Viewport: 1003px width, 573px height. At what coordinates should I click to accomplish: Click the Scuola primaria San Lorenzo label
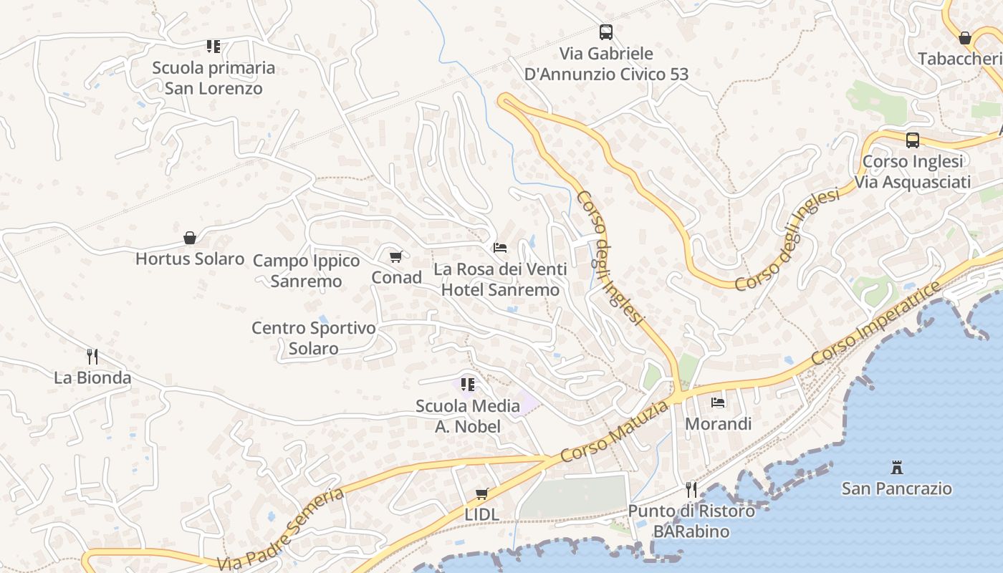coord(213,78)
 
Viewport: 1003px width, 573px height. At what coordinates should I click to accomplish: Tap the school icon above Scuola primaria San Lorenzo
coord(213,47)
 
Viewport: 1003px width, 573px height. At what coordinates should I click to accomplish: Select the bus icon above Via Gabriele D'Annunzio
coord(606,32)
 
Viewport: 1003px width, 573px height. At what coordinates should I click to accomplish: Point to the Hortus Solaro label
coord(190,259)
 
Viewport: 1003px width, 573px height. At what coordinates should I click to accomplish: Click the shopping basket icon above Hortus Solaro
coord(190,237)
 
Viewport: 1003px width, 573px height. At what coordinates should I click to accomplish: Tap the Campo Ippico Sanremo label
coord(307,271)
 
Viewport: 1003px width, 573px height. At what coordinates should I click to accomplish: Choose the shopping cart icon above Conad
coord(396,256)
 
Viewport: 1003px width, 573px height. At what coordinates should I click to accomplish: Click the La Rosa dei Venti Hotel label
coord(500,279)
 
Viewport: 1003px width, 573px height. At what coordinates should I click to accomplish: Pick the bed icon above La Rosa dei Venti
coord(500,248)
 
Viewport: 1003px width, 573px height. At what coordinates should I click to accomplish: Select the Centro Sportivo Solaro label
coord(314,338)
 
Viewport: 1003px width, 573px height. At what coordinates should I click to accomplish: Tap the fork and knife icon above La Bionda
coord(92,356)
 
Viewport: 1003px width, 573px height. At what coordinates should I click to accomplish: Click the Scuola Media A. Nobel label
coord(468,416)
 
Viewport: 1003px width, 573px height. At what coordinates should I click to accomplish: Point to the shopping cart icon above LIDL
coord(482,493)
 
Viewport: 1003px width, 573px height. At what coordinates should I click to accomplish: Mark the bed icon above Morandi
coord(718,403)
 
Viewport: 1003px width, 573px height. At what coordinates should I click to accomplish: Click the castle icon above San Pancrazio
coord(896,468)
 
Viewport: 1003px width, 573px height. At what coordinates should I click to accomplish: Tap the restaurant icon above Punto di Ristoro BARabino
coord(691,490)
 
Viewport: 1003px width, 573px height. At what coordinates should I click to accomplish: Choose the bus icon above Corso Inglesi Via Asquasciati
coord(913,140)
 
